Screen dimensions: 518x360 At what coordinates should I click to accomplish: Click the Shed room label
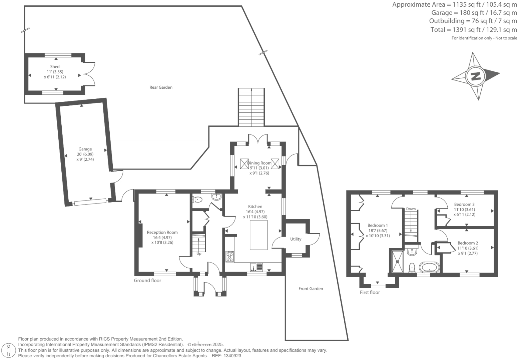tap(55, 67)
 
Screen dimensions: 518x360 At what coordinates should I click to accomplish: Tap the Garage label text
tap(85, 149)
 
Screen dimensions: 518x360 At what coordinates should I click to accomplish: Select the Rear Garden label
tap(161, 87)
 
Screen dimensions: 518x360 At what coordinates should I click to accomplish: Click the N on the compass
tap(476, 76)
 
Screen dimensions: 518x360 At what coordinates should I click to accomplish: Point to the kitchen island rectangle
tap(258, 235)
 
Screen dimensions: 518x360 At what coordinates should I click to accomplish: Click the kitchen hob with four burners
tap(229, 257)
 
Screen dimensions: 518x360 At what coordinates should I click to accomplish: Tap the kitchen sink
tap(256, 267)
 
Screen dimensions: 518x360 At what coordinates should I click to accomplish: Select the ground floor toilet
tap(197, 199)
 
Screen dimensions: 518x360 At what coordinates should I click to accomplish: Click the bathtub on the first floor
tap(429, 267)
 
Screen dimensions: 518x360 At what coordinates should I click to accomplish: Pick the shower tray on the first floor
tap(398, 262)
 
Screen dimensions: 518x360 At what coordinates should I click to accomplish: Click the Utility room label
tap(296, 239)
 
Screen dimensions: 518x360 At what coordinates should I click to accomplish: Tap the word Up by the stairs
tap(199, 254)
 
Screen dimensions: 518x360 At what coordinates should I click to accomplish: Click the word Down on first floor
tap(411, 209)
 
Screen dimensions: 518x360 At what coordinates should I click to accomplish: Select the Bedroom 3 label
tap(464, 204)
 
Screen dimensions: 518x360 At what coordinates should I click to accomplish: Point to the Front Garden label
tap(311, 289)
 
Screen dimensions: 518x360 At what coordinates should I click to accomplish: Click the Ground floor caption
tap(147, 280)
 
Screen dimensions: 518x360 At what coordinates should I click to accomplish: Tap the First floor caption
tap(370, 292)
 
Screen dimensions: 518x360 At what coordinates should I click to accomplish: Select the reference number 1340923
tap(232, 356)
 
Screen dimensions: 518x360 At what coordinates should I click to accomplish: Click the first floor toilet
tap(412, 268)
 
